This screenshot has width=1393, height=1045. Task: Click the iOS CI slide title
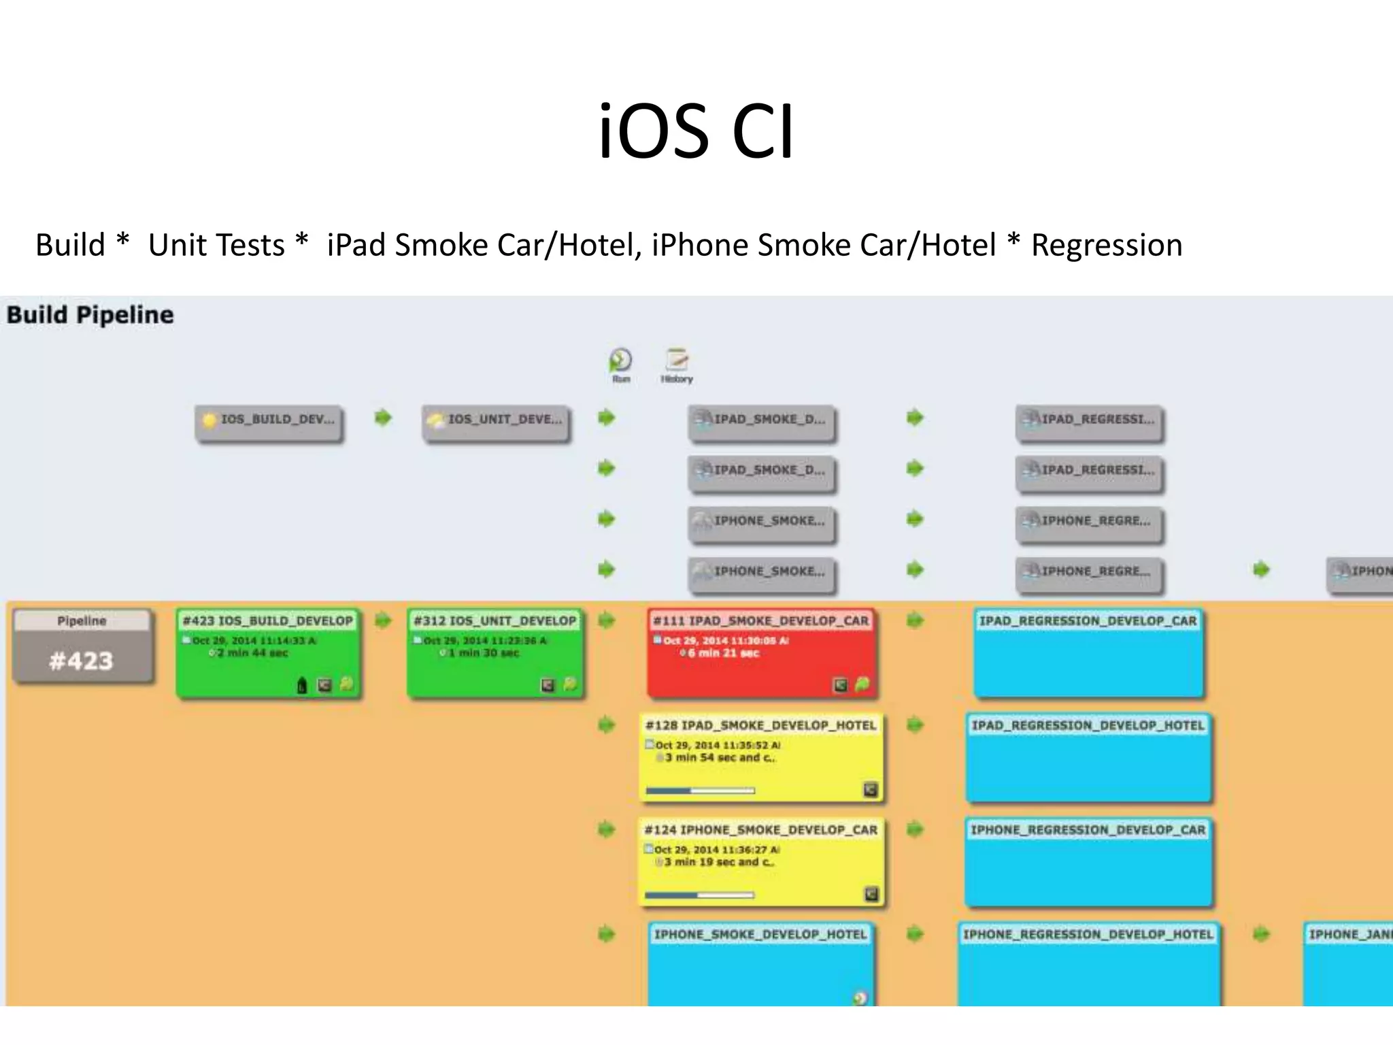[x=696, y=131]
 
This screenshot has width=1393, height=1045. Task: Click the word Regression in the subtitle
[x=1107, y=246]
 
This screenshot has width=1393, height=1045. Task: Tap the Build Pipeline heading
[x=90, y=315]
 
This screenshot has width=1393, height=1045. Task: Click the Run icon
[x=620, y=362]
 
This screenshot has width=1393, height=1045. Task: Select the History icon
[x=677, y=362]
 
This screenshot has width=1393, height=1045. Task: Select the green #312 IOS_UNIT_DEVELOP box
[x=495, y=653]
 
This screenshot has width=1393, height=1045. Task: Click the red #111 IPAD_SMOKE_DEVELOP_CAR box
[x=762, y=653]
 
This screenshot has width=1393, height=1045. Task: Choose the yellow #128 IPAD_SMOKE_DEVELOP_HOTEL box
[x=761, y=757]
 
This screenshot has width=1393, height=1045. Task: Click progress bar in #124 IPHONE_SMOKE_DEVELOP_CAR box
[x=700, y=895]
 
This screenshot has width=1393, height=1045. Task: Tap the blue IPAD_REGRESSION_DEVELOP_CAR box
[x=1088, y=653]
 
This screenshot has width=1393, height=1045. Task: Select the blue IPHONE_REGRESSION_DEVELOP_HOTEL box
[x=1088, y=966]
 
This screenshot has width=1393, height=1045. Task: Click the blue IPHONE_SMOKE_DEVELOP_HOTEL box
[x=760, y=966]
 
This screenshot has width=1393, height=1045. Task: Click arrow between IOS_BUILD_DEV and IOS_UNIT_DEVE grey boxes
[x=384, y=417]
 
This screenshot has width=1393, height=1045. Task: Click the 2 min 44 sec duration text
[x=252, y=653]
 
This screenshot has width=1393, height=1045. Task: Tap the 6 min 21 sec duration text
[x=722, y=653]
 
